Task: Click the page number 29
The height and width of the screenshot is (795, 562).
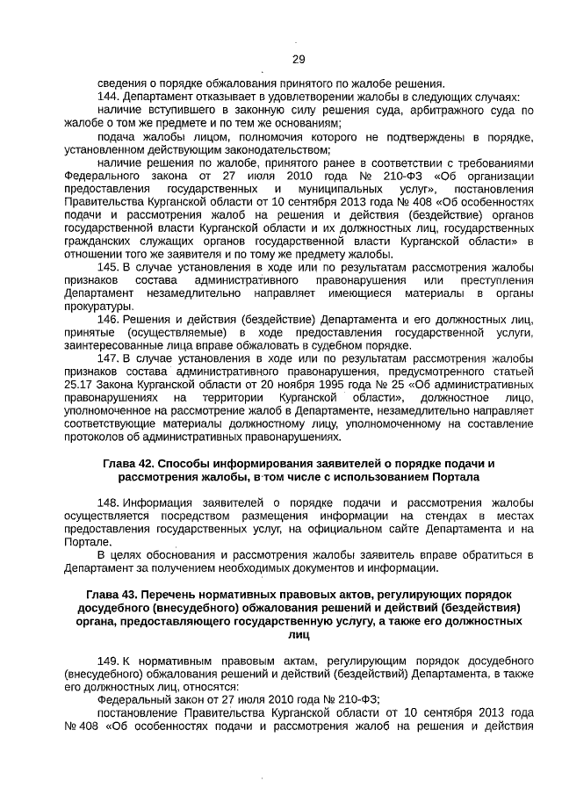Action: pyautogui.click(x=298, y=59)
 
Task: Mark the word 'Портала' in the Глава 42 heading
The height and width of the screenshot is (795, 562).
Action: pyautogui.click(x=456, y=477)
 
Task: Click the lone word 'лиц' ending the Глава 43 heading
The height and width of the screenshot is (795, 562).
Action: pyautogui.click(x=298, y=633)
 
